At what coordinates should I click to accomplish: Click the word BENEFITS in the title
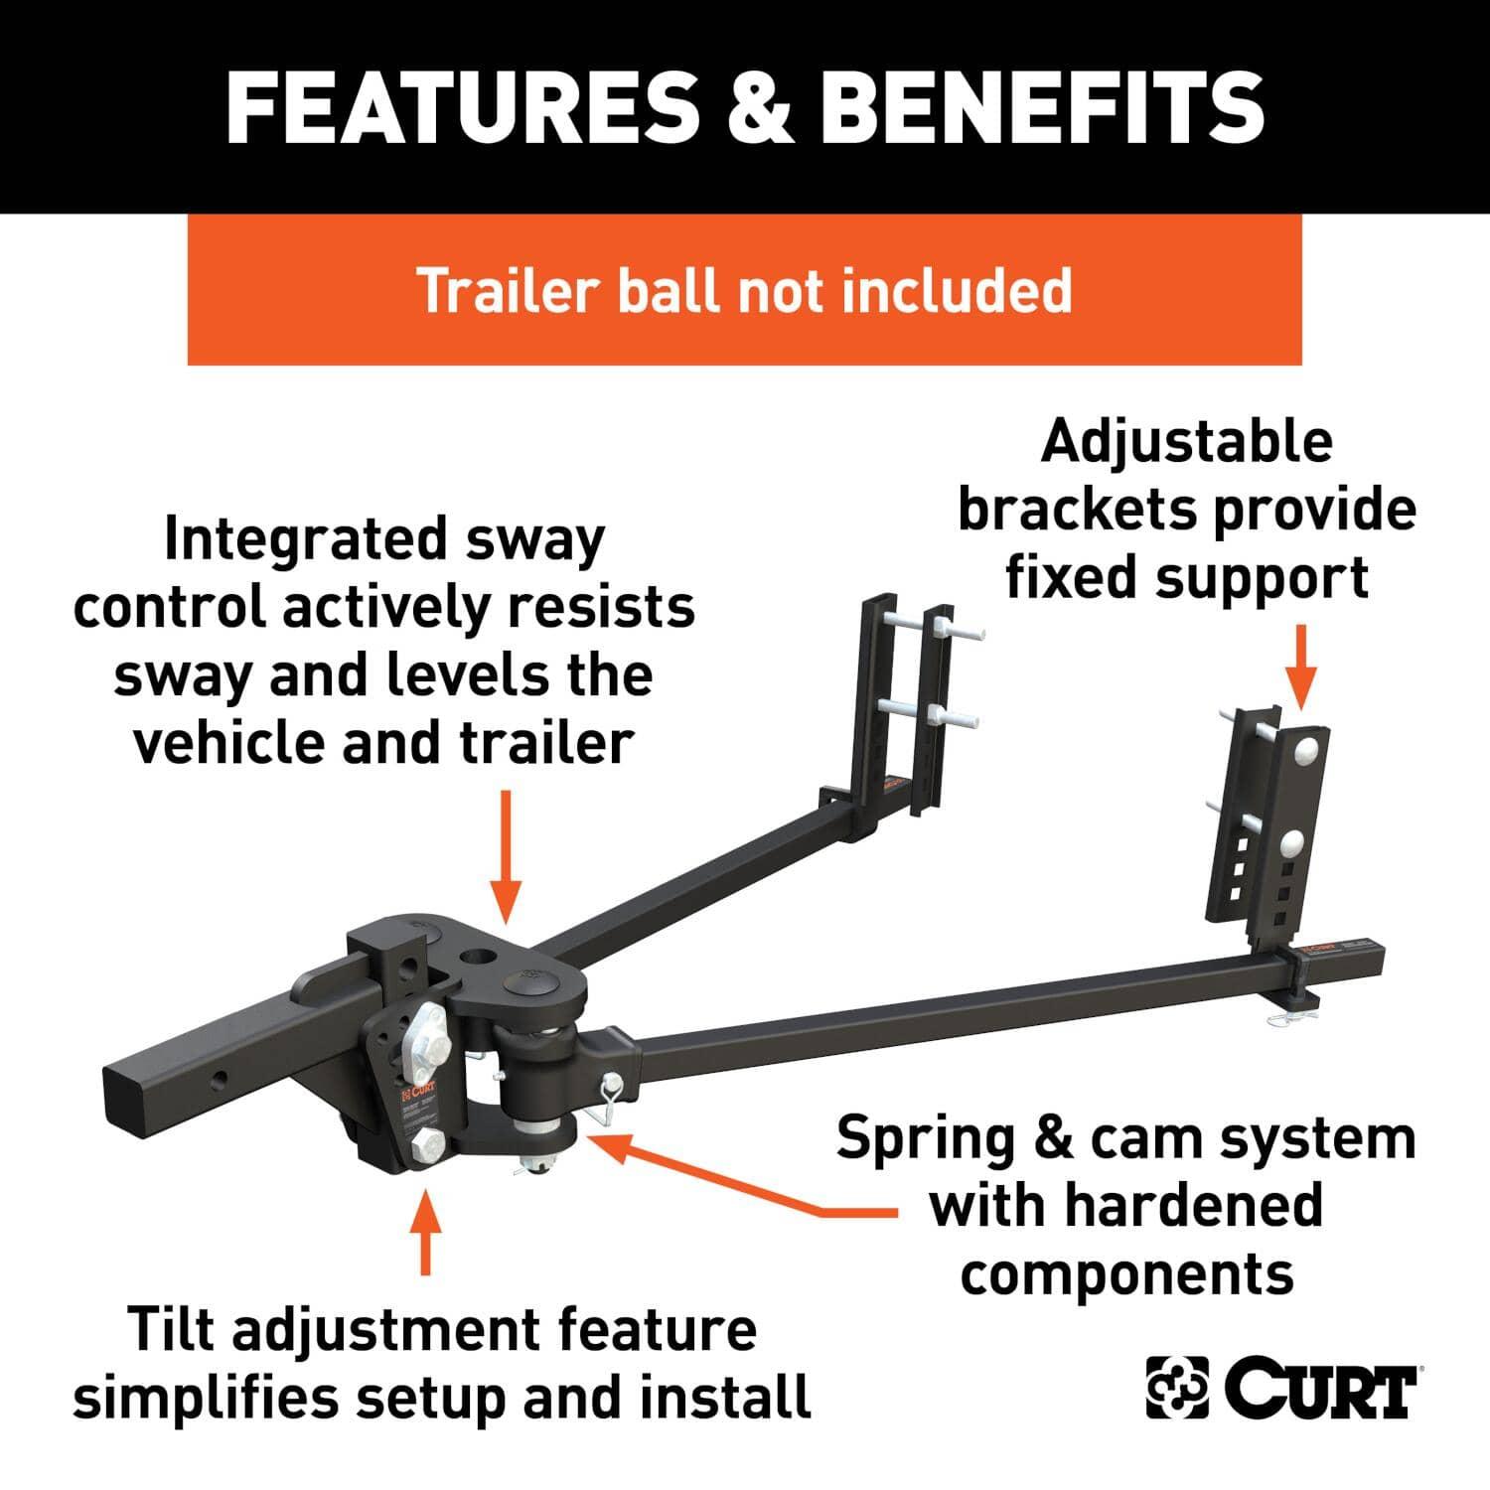pos(1042,106)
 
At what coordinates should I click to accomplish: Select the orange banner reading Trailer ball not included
pos(744,289)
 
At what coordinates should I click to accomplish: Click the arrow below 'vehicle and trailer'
pos(506,855)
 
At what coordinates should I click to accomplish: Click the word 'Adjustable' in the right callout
pos(1186,442)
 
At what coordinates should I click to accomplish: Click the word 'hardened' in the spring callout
pos(1194,1205)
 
